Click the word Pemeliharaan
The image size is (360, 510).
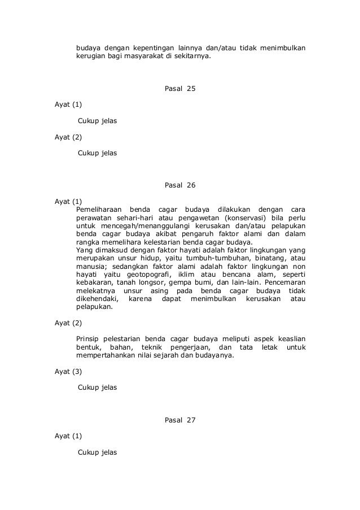coord(99,210)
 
